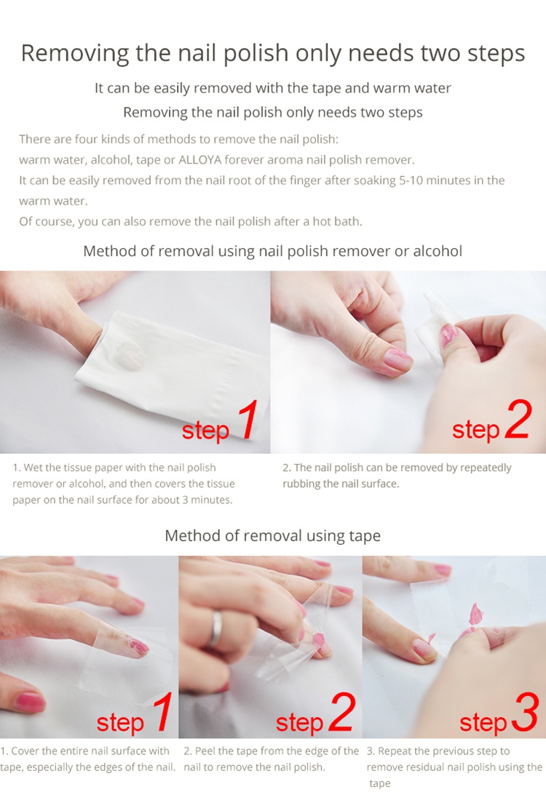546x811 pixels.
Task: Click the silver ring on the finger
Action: (216, 628)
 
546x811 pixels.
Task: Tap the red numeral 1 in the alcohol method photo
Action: (248, 420)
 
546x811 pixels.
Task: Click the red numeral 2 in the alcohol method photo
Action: (519, 420)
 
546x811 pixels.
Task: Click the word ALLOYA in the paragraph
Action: (199, 160)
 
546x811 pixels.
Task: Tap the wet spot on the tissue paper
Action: (128, 356)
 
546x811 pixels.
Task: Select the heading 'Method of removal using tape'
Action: (273, 535)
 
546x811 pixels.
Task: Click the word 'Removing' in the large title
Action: (75, 53)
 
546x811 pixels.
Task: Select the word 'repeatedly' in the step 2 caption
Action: (486, 468)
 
